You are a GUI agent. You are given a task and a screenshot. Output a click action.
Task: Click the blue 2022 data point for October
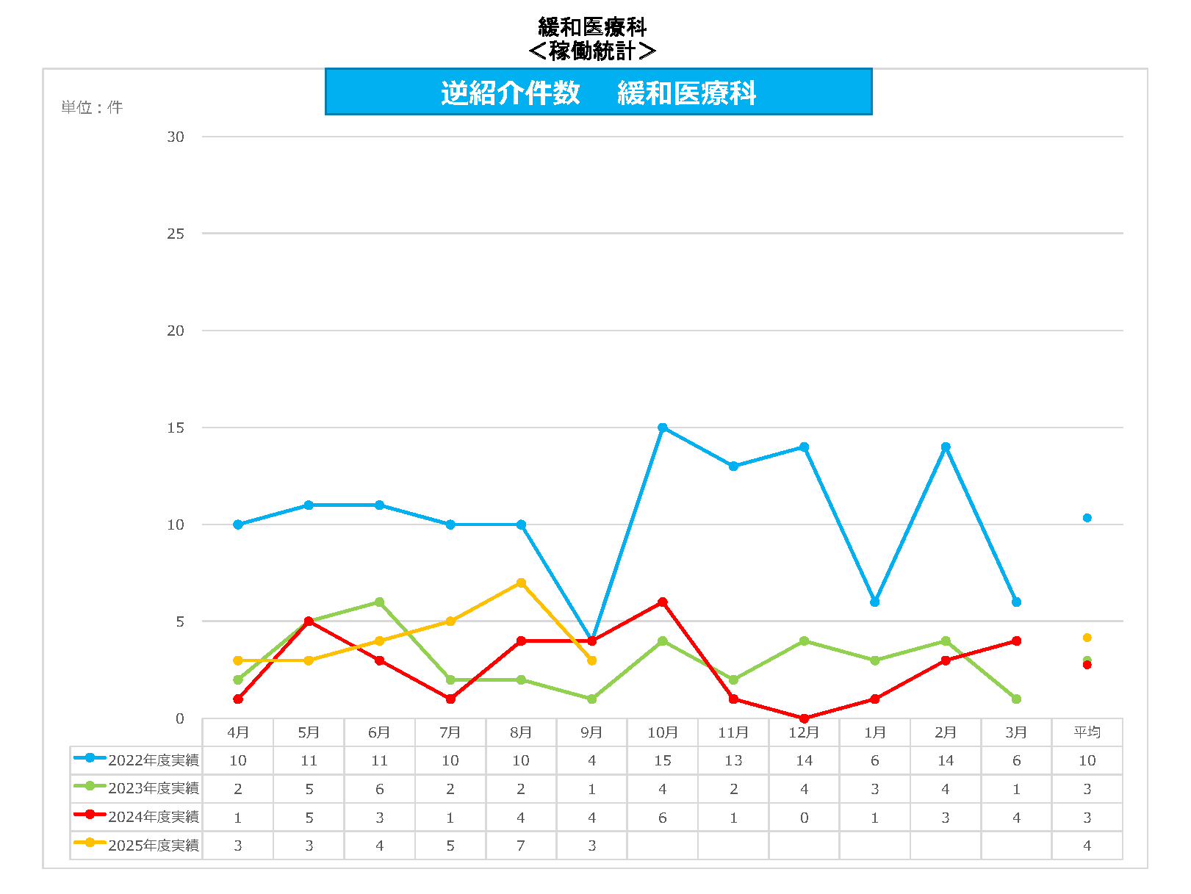(663, 428)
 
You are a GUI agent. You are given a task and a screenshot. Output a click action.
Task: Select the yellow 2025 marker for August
(521, 583)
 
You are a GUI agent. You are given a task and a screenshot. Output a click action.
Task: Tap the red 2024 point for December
(805, 718)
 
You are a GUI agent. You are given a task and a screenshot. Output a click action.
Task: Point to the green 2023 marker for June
(380, 602)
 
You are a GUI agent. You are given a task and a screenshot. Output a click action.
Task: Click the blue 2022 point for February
(946, 447)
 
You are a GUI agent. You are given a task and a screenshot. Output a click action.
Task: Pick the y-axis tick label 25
(176, 234)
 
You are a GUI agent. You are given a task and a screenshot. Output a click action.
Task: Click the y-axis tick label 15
(176, 428)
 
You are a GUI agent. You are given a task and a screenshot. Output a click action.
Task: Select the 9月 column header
(591, 732)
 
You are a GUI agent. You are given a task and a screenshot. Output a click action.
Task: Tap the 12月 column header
(804, 732)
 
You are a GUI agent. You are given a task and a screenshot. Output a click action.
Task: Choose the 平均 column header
(1087, 732)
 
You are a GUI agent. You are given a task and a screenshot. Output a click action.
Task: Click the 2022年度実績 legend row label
(153, 760)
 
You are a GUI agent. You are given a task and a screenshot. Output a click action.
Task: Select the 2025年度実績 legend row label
(153, 846)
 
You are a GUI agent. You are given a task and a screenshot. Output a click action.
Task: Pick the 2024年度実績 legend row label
(153, 817)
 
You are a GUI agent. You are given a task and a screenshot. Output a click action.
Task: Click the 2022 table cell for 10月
(663, 760)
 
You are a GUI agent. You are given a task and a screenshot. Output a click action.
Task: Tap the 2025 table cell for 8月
(521, 846)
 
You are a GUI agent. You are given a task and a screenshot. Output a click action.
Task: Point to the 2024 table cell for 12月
(804, 818)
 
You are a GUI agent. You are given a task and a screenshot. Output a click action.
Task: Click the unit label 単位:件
(92, 107)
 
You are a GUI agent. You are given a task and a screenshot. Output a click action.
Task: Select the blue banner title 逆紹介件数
(511, 93)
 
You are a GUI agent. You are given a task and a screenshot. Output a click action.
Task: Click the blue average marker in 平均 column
(1087, 518)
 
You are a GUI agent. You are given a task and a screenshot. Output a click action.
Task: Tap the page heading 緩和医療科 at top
(592, 27)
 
